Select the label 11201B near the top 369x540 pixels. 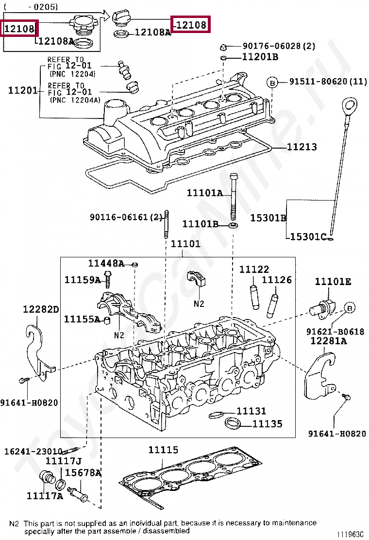click(x=260, y=57)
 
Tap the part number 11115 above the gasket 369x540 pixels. click(x=163, y=450)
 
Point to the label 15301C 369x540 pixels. click(x=308, y=237)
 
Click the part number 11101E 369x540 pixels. click(x=333, y=282)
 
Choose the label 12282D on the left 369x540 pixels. click(x=42, y=309)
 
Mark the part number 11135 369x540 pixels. click(x=267, y=424)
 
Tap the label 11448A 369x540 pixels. click(x=106, y=263)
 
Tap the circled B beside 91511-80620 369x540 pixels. click(x=272, y=82)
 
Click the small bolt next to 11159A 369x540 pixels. click(x=108, y=280)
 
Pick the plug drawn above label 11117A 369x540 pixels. click(x=47, y=477)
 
